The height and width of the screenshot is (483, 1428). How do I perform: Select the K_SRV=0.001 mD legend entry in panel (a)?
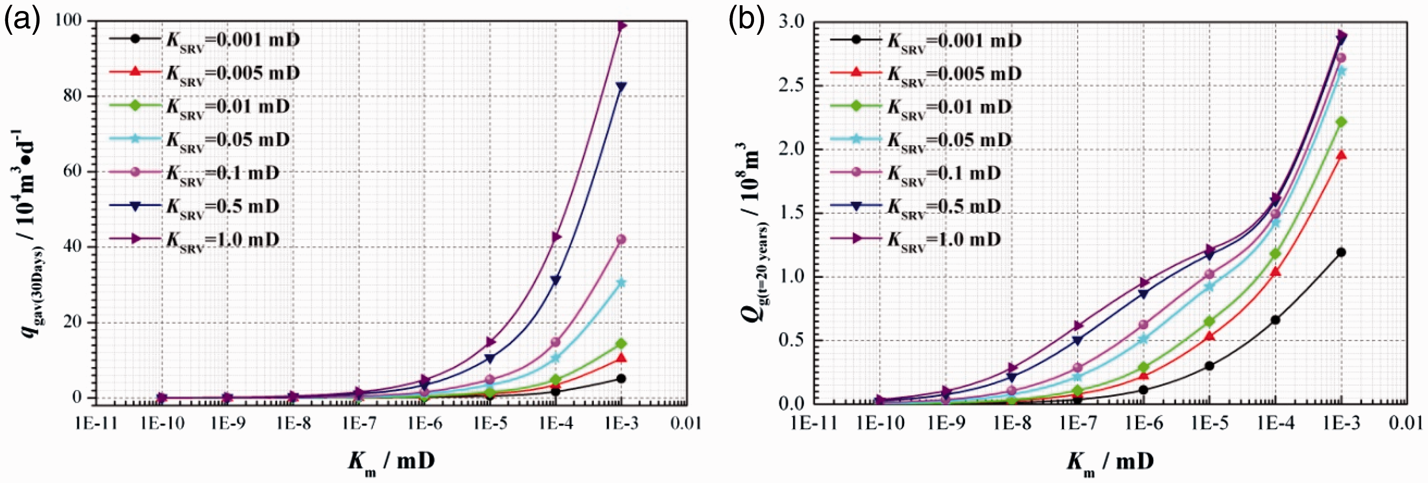(x=204, y=40)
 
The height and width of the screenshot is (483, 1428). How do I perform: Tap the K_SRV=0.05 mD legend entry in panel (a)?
(x=200, y=140)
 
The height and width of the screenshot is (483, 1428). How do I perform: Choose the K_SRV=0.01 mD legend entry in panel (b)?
(x=921, y=107)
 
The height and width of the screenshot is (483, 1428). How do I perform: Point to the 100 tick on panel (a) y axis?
(x=69, y=21)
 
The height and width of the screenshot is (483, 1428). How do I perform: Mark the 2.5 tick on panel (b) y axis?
(x=791, y=85)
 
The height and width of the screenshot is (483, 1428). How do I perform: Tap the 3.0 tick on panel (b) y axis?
(x=791, y=21)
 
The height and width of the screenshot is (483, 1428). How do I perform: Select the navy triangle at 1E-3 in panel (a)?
(x=621, y=87)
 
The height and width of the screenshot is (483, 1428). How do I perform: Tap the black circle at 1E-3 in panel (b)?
(x=1341, y=252)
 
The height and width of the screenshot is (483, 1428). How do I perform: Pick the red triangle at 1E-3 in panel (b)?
(x=1341, y=154)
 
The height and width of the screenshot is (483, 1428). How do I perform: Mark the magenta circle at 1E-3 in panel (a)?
(x=621, y=239)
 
